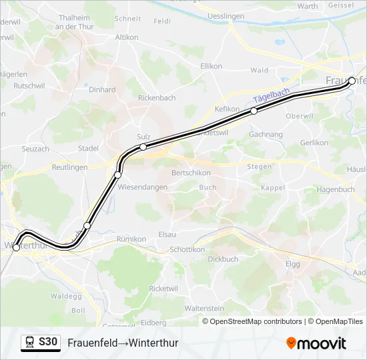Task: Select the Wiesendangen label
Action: click(x=142, y=187)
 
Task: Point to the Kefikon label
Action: click(x=228, y=108)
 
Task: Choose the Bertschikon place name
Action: click(x=192, y=173)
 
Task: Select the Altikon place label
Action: click(x=127, y=38)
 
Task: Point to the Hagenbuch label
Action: click(x=336, y=189)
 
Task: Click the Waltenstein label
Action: click(x=204, y=309)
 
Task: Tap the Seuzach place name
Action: click(x=35, y=149)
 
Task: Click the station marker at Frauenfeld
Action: click(x=352, y=81)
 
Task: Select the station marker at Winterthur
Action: click(x=16, y=247)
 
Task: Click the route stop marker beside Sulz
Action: click(x=143, y=147)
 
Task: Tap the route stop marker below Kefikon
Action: click(x=254, y=111)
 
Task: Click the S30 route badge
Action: click(x=47, y=343)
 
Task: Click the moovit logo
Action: click(x=316, y=343)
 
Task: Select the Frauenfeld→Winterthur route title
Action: click(x=123, y=343)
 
